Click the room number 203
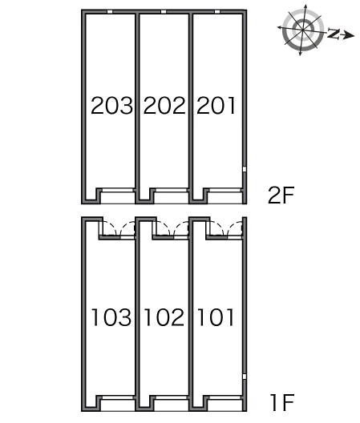coord(111,105)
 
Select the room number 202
coord(164,105)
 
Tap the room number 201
coord(216,105)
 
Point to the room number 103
coord(111,317)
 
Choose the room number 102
coord(164,317)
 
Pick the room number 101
coord(216,317)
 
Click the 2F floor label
coord(281,195)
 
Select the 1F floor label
coord(282,402)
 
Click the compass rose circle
coord(303,30)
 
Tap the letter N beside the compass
coord(334,33)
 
